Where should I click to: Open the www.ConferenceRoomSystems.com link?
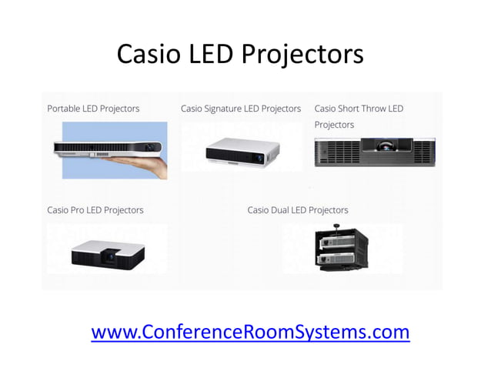[250, 332]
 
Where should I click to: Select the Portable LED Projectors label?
[93, 109]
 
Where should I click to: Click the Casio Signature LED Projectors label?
[241, 109]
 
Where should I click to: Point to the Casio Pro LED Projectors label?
[95, 210]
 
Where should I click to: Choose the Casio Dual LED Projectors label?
[298, 210]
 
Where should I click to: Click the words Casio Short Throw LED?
[359, 109]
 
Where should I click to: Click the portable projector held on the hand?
[108, 147]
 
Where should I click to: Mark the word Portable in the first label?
[65, 109]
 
